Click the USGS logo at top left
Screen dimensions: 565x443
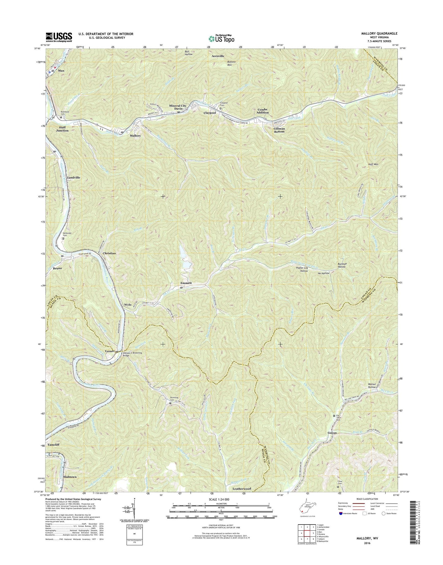(59, 37)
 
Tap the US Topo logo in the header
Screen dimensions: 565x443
(221, 38)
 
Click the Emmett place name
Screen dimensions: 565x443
(186, 283)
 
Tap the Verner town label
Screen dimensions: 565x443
(110, 351)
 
